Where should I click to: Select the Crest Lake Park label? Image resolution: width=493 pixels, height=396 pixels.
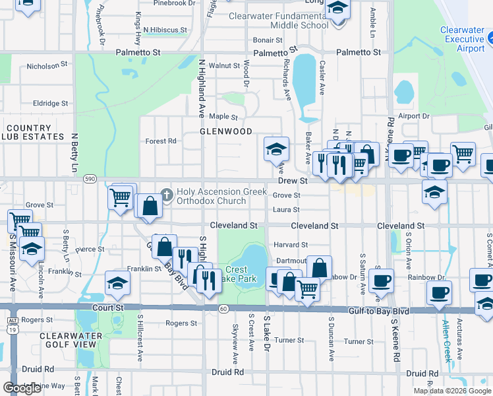point(236,275)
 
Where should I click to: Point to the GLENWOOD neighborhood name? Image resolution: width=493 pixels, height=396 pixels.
point(226,131)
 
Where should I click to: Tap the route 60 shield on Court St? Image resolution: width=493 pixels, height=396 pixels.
point(223,309)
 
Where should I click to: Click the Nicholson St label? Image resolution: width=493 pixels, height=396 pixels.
point(47,66)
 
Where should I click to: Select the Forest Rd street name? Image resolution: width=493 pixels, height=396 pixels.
point(161,141)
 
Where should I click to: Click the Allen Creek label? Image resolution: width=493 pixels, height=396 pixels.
point(446,341)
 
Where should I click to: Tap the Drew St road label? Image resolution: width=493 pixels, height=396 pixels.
point(293,180)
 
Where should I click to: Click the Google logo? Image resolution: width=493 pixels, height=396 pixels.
point(22,388)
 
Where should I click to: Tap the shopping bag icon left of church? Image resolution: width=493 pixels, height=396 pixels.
point(150,205)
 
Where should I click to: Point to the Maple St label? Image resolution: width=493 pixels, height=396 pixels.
point(223,117)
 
